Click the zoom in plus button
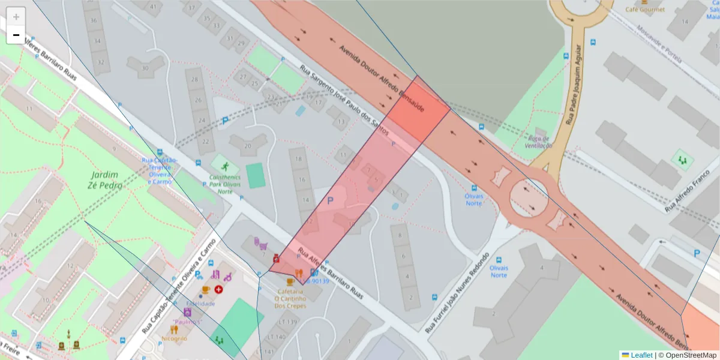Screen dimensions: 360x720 (x=16, y=17)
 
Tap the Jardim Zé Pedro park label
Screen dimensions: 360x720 (x=106, y=180)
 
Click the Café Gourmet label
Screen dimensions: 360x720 (x=645, y=9)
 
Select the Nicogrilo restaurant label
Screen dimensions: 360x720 (x=174, y=338)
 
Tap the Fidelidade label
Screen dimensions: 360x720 (x=200, y=304)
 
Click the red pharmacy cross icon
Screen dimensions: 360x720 (x=218, y=289)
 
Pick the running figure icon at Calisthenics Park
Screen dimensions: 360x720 (x=224, y=166)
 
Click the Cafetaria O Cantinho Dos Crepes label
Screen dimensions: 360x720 (x=290, y=298)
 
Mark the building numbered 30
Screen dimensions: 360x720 (x=145, y=68)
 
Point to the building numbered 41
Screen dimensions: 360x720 (x=154, y=7)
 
